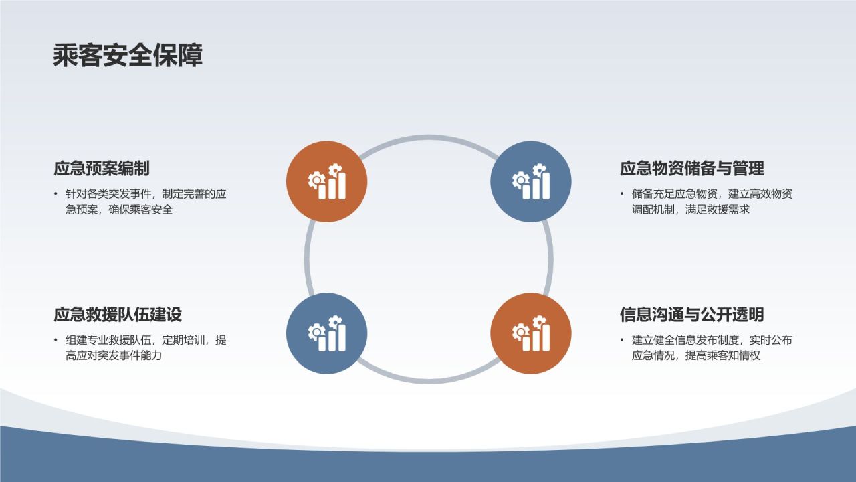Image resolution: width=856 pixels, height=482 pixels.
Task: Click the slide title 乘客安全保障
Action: pyautogui.click(x=128, y=56)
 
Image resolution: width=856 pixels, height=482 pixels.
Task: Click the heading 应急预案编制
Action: pyautogui.click(x=101, y=168)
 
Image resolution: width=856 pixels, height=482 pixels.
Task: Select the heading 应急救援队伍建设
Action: pyautogui.click(x=118, y=314)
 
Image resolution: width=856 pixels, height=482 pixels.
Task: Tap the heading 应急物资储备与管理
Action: pyautogui.click(x=691, y=168)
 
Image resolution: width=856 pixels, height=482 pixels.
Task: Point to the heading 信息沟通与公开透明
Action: pyautogui.click(x=691, y=314)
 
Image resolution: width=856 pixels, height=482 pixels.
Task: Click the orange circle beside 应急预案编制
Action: pyautogui.click(x=326, y=181)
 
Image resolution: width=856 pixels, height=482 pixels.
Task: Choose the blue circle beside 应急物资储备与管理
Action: pyautogui.click(x=531, y=181)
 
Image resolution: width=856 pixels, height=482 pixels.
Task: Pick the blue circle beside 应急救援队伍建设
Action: pyautogui.click(x=326, y=333)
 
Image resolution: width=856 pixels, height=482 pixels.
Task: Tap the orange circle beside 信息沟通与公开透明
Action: pyautogui.click(x=531, y=333)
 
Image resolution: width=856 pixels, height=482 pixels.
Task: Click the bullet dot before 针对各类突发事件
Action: pyautogui.click(x=56, y=195)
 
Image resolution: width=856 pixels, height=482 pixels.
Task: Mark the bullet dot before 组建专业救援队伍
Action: pyautogui.click(x=56, y=341)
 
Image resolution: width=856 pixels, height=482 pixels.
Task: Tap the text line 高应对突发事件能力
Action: pyautogui.click(x=114, y=356)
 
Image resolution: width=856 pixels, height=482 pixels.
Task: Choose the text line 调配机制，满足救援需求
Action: pyautogui.click(x=691, y=210)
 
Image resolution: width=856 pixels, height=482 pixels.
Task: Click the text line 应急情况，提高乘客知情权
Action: pyautogui.click(x=696, y=356)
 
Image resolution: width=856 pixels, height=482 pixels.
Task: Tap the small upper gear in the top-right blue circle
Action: pyautogui.click(x=540, y=170)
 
